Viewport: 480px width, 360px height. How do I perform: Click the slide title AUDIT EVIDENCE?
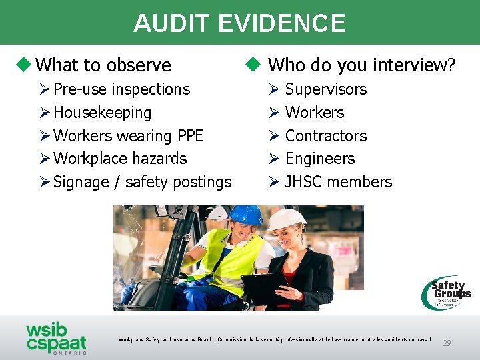(x=239, y=23)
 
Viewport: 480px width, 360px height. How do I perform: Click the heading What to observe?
(x=103, y=65)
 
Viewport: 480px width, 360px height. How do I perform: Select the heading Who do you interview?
(x=361, y=65)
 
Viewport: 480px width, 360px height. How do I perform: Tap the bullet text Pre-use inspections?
(x=121, y=89)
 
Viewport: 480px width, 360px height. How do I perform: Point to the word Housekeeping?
(x=102, y=113)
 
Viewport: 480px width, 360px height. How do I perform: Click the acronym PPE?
(x=189, y=136)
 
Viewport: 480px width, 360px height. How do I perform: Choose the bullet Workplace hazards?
(x=120, y=159)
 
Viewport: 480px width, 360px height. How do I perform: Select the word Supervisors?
(x=325, y=89)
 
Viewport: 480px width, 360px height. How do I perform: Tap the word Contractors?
(x=325, y=136)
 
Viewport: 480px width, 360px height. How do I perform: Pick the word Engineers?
(x=320, y=159)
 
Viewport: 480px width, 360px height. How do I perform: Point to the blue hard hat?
(x=246, y=215)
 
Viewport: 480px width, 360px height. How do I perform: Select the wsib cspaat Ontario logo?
(x=56, y=338)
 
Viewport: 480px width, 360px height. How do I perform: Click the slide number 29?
(x=447, y=343)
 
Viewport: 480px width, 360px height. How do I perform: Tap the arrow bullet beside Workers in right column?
(x=273, y=113)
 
